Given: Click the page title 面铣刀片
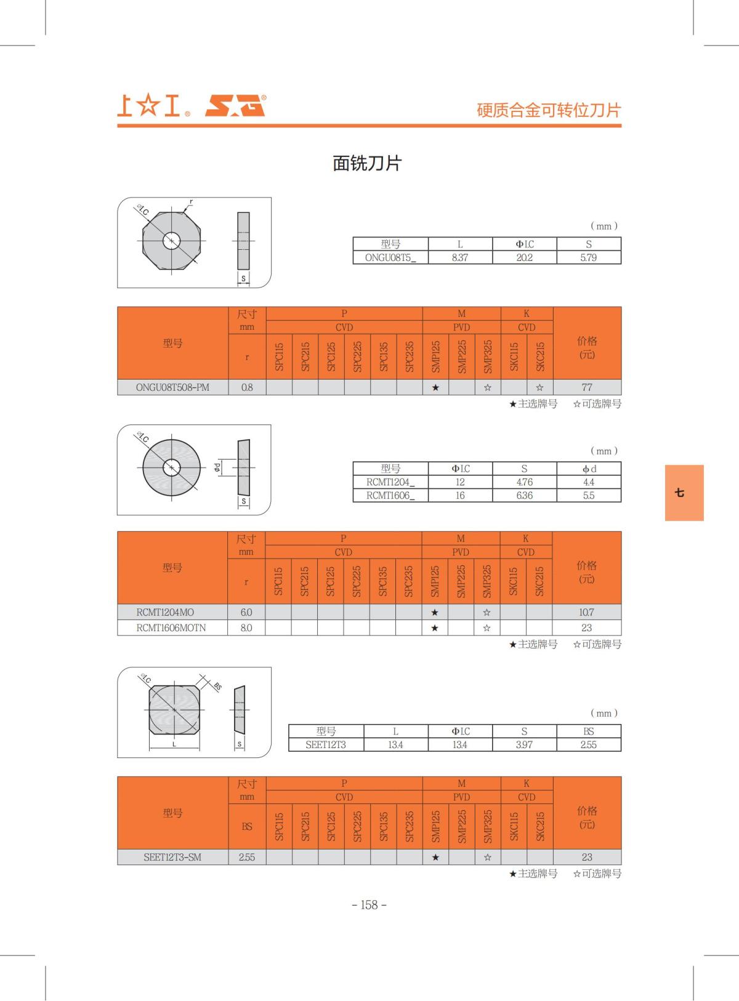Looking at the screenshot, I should tap(367, 163).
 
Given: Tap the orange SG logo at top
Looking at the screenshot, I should tap(235, 106).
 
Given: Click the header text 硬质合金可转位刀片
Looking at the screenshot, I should tap(549, 110).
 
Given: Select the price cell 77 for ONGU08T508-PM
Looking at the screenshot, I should tap(587, 388).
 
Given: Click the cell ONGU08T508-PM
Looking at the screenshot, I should tap(172, 388).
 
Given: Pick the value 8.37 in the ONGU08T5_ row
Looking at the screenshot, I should tap(459, 258).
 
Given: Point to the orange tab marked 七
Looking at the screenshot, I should tap(684, 493).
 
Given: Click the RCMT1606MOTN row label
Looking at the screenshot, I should tap(171, 628).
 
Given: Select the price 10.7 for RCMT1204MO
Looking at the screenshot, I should tap(586, 613).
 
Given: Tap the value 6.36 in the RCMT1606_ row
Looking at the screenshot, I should tap(524, 496).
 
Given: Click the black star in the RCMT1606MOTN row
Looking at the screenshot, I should tap(435, 628).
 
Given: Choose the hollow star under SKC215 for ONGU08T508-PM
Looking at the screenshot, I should tap(539, 388).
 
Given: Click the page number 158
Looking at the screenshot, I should tap(369, 905).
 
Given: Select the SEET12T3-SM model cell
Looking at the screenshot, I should tap(172, 858).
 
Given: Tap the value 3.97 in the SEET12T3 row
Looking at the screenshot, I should tap(524, 745).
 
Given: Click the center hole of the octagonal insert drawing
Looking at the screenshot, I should tap(171, 241).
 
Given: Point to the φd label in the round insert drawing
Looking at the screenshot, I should tap(217, 468).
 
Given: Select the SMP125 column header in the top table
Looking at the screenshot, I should tap(435, 356).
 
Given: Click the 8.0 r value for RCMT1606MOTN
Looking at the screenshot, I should tap(246, 628).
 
